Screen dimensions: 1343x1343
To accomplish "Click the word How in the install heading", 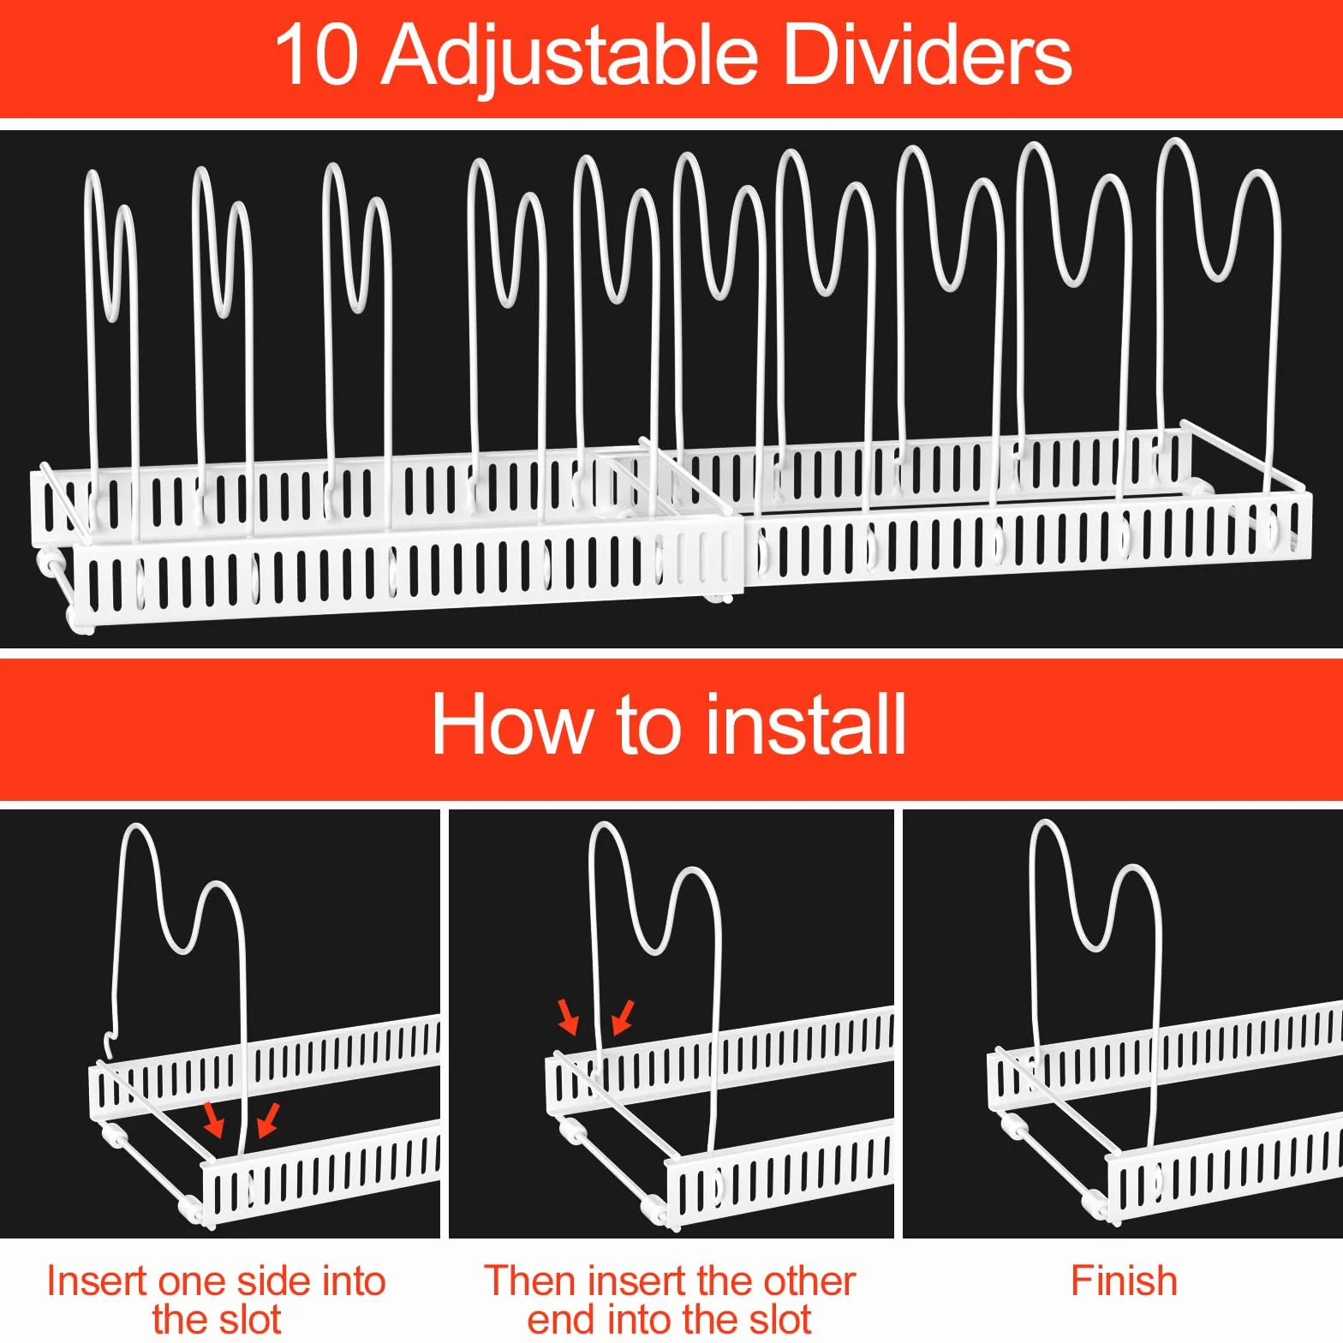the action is (511, 725).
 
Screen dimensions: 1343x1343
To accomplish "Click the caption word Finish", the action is (1124, 1281).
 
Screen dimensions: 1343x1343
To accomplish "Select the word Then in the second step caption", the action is (531, 1281).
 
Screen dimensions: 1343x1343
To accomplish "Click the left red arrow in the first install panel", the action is (213, 1119).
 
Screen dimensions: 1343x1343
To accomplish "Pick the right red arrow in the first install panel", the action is (268, 1119).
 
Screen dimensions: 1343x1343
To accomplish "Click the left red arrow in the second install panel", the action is (568, 1016).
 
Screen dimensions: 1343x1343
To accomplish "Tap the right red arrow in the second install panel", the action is (623, 1016).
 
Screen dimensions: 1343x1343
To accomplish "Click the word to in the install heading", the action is (647, 726).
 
